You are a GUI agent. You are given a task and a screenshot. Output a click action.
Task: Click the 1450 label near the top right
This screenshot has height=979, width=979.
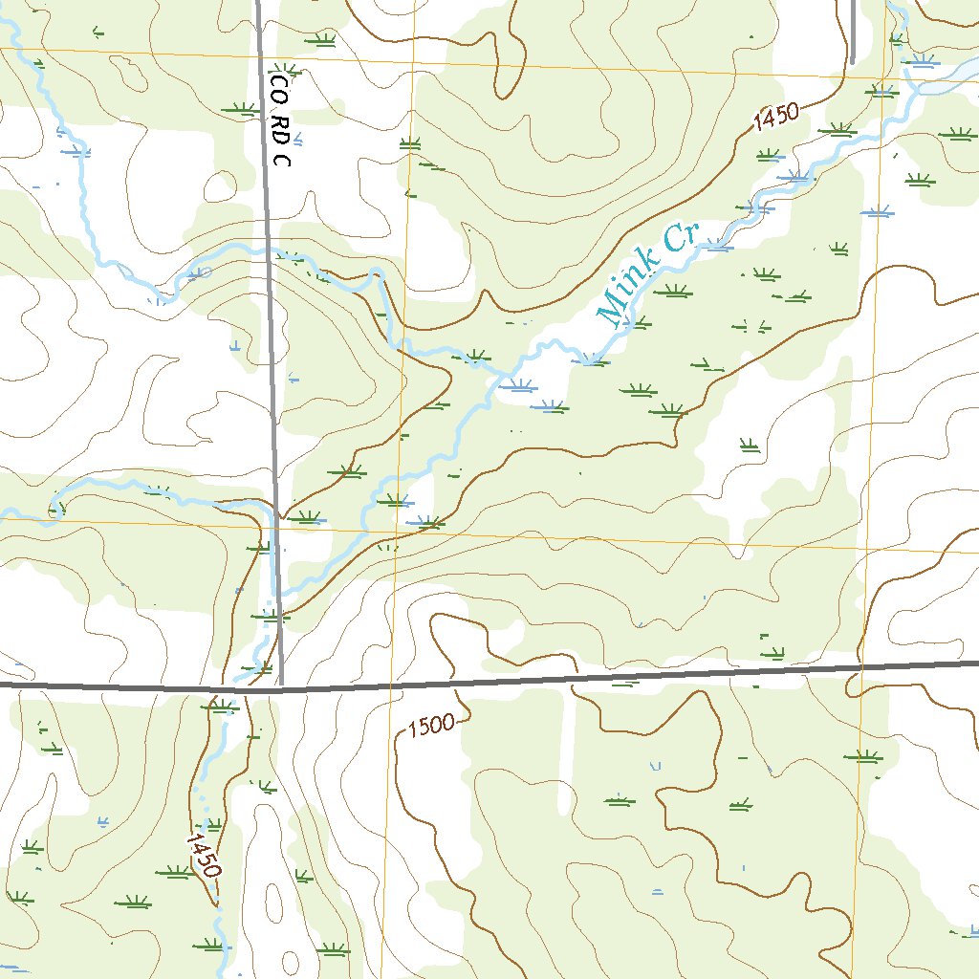774,120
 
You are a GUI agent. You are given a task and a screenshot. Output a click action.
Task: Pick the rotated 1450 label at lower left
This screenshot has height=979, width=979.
204,856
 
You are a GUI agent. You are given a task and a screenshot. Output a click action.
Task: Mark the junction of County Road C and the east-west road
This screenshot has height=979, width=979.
281,686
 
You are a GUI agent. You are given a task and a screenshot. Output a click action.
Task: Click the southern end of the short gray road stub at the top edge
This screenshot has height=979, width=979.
851,62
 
